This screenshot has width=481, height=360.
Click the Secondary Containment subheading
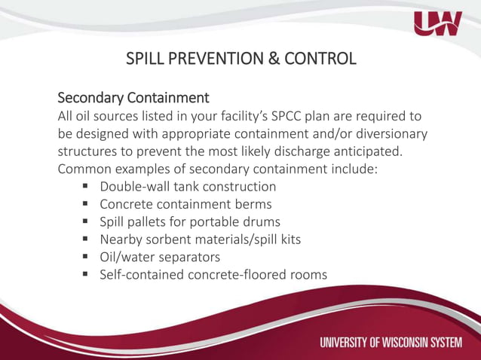pyautogui.click(x=133, y=98)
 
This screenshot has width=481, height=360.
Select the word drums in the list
pyautogui.click(x=262, y=222)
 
